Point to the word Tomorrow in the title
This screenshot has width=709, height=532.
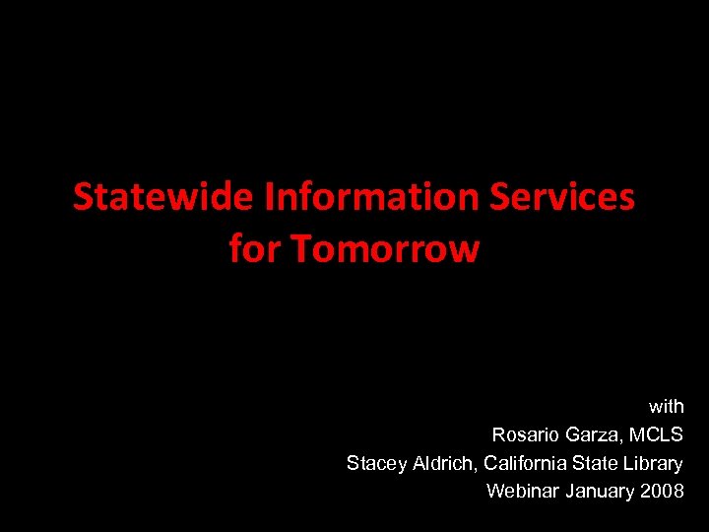pyautogui.click(x=385, y=249)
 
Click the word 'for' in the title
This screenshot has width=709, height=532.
pyautogui.click(x=255, y=249)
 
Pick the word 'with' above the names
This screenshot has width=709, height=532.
pyautogui.click(x=666, y=406)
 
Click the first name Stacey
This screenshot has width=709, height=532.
pyautogui.click(x=371, y=463)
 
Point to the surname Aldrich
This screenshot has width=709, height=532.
pyautogui.click(x=439, y=463)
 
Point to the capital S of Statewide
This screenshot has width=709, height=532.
pyautogui.click(x=82, y=198)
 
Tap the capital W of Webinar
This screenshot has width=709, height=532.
pyautogui.click(x=494, y=491)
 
